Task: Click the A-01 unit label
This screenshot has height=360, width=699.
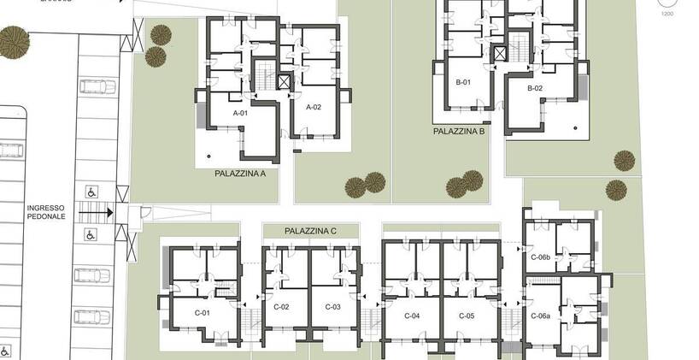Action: click(240, 113)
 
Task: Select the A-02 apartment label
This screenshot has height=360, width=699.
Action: click(314, 107)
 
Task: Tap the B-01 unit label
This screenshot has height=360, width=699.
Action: click(463, 83)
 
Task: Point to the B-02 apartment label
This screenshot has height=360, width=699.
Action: click(535, 88)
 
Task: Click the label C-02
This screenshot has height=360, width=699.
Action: click(282, 307)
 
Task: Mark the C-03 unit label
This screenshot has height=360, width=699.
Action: click(333, 307)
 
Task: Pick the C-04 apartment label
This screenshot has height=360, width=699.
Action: click(411, 316)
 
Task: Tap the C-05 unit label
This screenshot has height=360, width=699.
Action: click(466, 316)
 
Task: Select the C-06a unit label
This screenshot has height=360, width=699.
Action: click(540, 316)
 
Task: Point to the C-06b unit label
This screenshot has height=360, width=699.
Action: click(540, 257)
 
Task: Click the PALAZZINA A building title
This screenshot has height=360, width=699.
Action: click(240, 173)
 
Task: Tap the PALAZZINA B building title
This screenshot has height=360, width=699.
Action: click(459, 132)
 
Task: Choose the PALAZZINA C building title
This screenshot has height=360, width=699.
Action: click(310, 231)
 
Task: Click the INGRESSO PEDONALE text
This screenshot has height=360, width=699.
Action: click(45, 213)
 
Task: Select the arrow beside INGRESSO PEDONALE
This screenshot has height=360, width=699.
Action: click(97, 213)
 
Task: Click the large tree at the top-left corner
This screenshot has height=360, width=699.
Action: click(14, 40)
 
